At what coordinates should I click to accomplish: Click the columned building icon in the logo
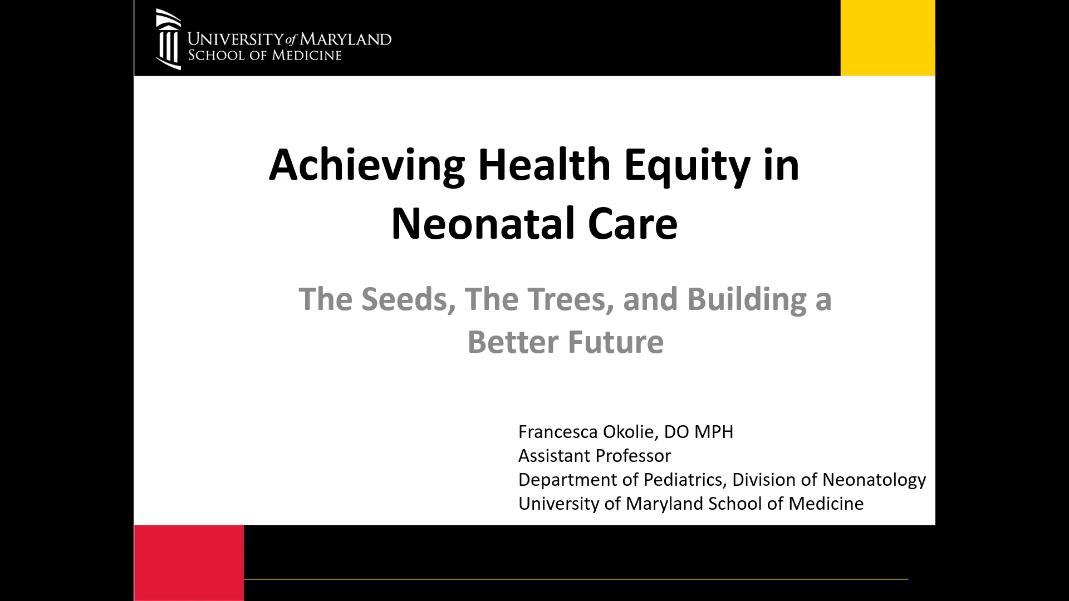(168, 39)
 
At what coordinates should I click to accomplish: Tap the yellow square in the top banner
(887, 38)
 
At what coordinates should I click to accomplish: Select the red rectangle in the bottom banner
(189, 563)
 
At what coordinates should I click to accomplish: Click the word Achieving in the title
(367, 165)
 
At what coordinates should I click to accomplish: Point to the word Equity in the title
(687, 165)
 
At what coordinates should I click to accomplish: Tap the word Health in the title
(545, 165)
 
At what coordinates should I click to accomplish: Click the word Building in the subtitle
(747, 299)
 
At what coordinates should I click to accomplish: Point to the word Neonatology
(874, 480)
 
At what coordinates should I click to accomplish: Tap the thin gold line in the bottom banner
(576, 579)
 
